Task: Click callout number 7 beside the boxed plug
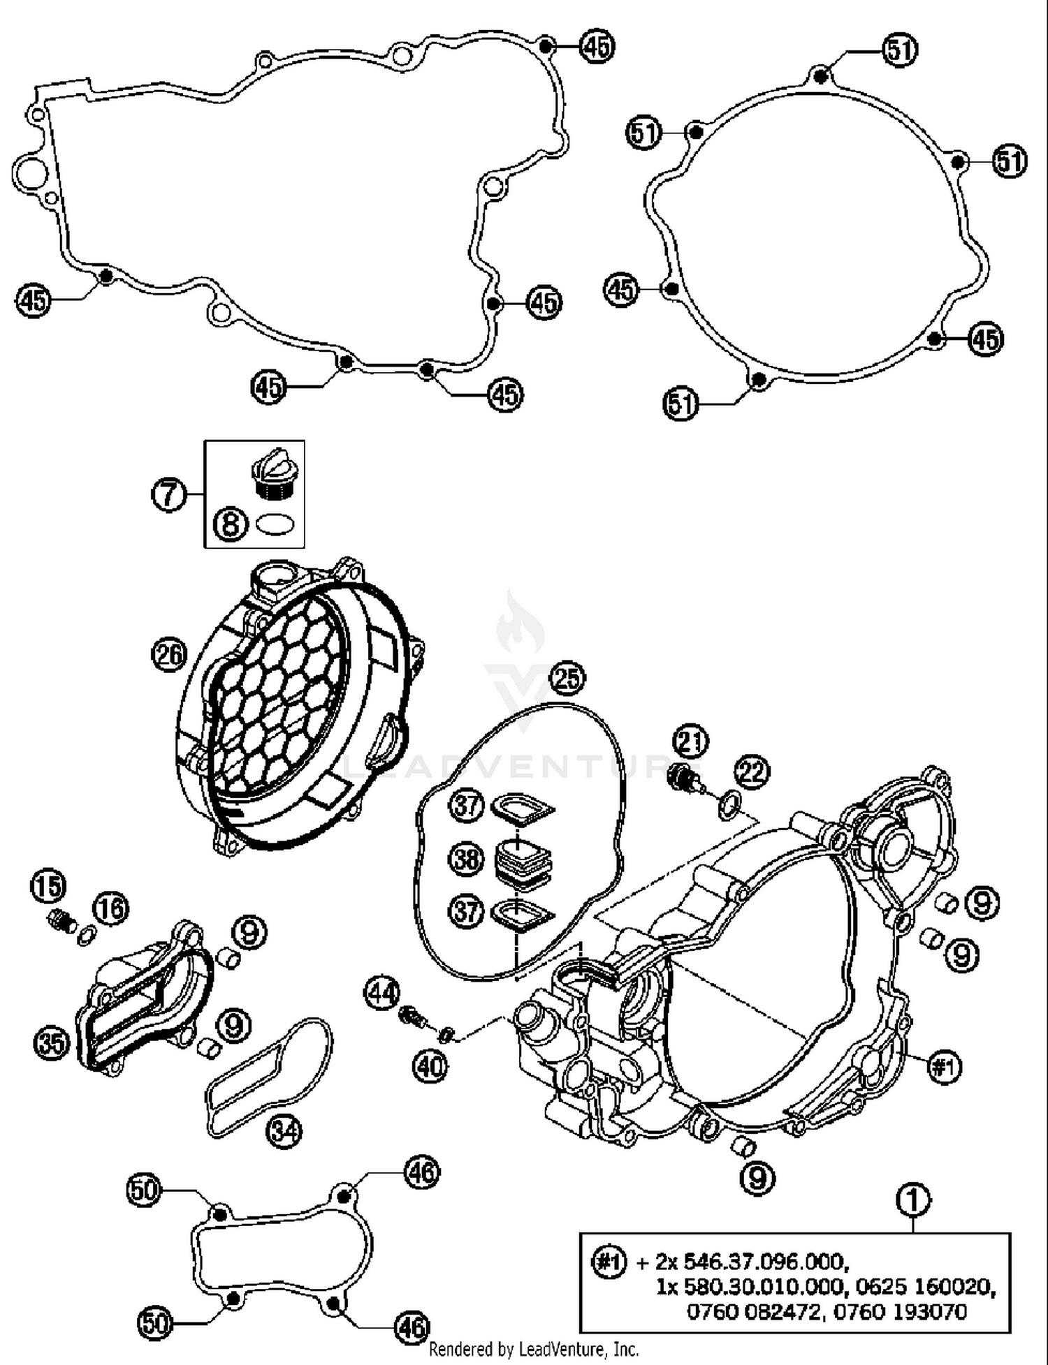tap(168, 495)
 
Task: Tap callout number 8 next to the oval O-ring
tap(230, 524)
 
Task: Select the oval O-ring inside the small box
tap(275, 524)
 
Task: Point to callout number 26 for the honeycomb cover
tap(168, 654)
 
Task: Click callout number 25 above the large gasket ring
tap(568, 678)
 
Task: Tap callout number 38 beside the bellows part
tap(466, 858)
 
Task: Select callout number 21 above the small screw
tap(691, 741)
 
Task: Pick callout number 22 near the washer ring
tap(751, 772)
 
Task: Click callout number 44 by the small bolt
tap(383, 993)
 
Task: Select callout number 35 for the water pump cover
tap(52, 1043)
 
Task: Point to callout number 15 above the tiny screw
tap(48, 887)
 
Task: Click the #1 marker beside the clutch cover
tap(944, 1066)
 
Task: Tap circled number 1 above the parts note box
tap(913, 1200)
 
